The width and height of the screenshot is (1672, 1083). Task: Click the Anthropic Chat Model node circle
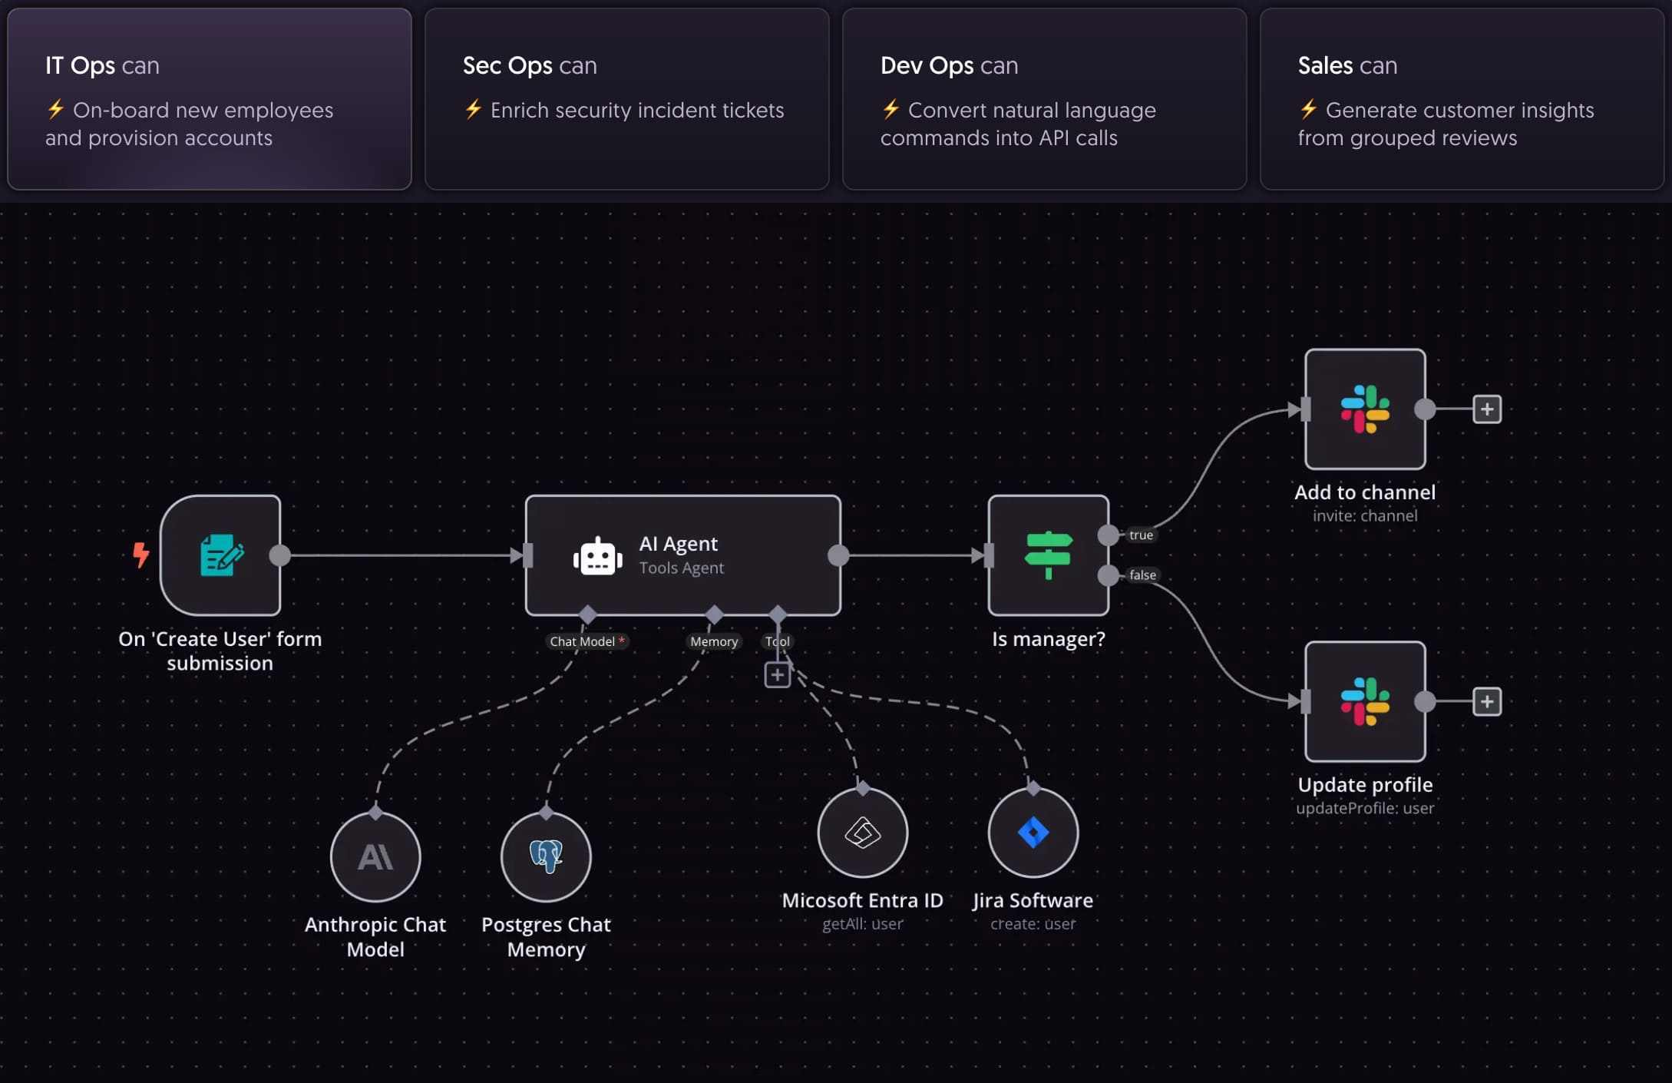(375, 856)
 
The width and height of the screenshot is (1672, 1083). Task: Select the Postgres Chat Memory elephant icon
(546, 856)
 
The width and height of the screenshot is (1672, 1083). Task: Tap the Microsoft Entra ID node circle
(862, 833)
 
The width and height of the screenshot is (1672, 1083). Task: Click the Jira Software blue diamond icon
(1033, 833)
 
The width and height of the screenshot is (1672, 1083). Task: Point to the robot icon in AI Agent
(597, 556)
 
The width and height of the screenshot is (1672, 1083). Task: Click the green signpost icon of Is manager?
(1048, 555)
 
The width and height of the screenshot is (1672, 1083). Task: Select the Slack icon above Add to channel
(1365, 409)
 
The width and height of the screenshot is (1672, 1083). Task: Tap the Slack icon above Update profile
(1365, 701)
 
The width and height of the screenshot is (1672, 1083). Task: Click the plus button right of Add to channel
(1487, 409)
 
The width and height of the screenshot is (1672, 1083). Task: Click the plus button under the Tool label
(777, 674)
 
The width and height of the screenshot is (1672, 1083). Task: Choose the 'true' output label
(1141, 535)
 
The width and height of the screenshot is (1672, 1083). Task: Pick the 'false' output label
(1142, 575)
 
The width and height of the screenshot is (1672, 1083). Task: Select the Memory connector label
(713, 641)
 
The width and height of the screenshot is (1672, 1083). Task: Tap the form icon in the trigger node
(221, 555)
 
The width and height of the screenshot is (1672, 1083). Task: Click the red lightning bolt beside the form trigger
(140, 554)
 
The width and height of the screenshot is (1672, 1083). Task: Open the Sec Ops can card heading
(530, 65)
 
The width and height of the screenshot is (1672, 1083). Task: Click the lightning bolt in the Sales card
(1308, 109)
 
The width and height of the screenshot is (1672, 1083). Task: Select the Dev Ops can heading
(949, 65)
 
